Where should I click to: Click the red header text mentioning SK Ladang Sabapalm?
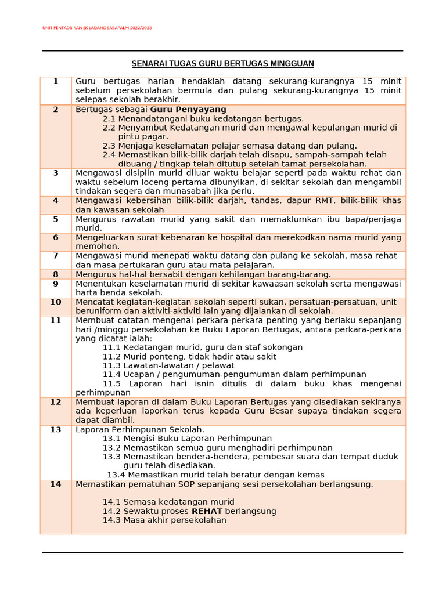click(98, 28)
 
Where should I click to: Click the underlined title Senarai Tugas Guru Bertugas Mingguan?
click(222, 63)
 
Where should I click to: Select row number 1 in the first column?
click(56, 81)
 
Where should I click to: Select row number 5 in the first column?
click(56, 219)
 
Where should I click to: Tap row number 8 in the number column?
click(56, 274)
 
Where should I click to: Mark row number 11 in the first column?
click(56, 320)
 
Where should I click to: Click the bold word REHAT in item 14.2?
click(207, 511)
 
